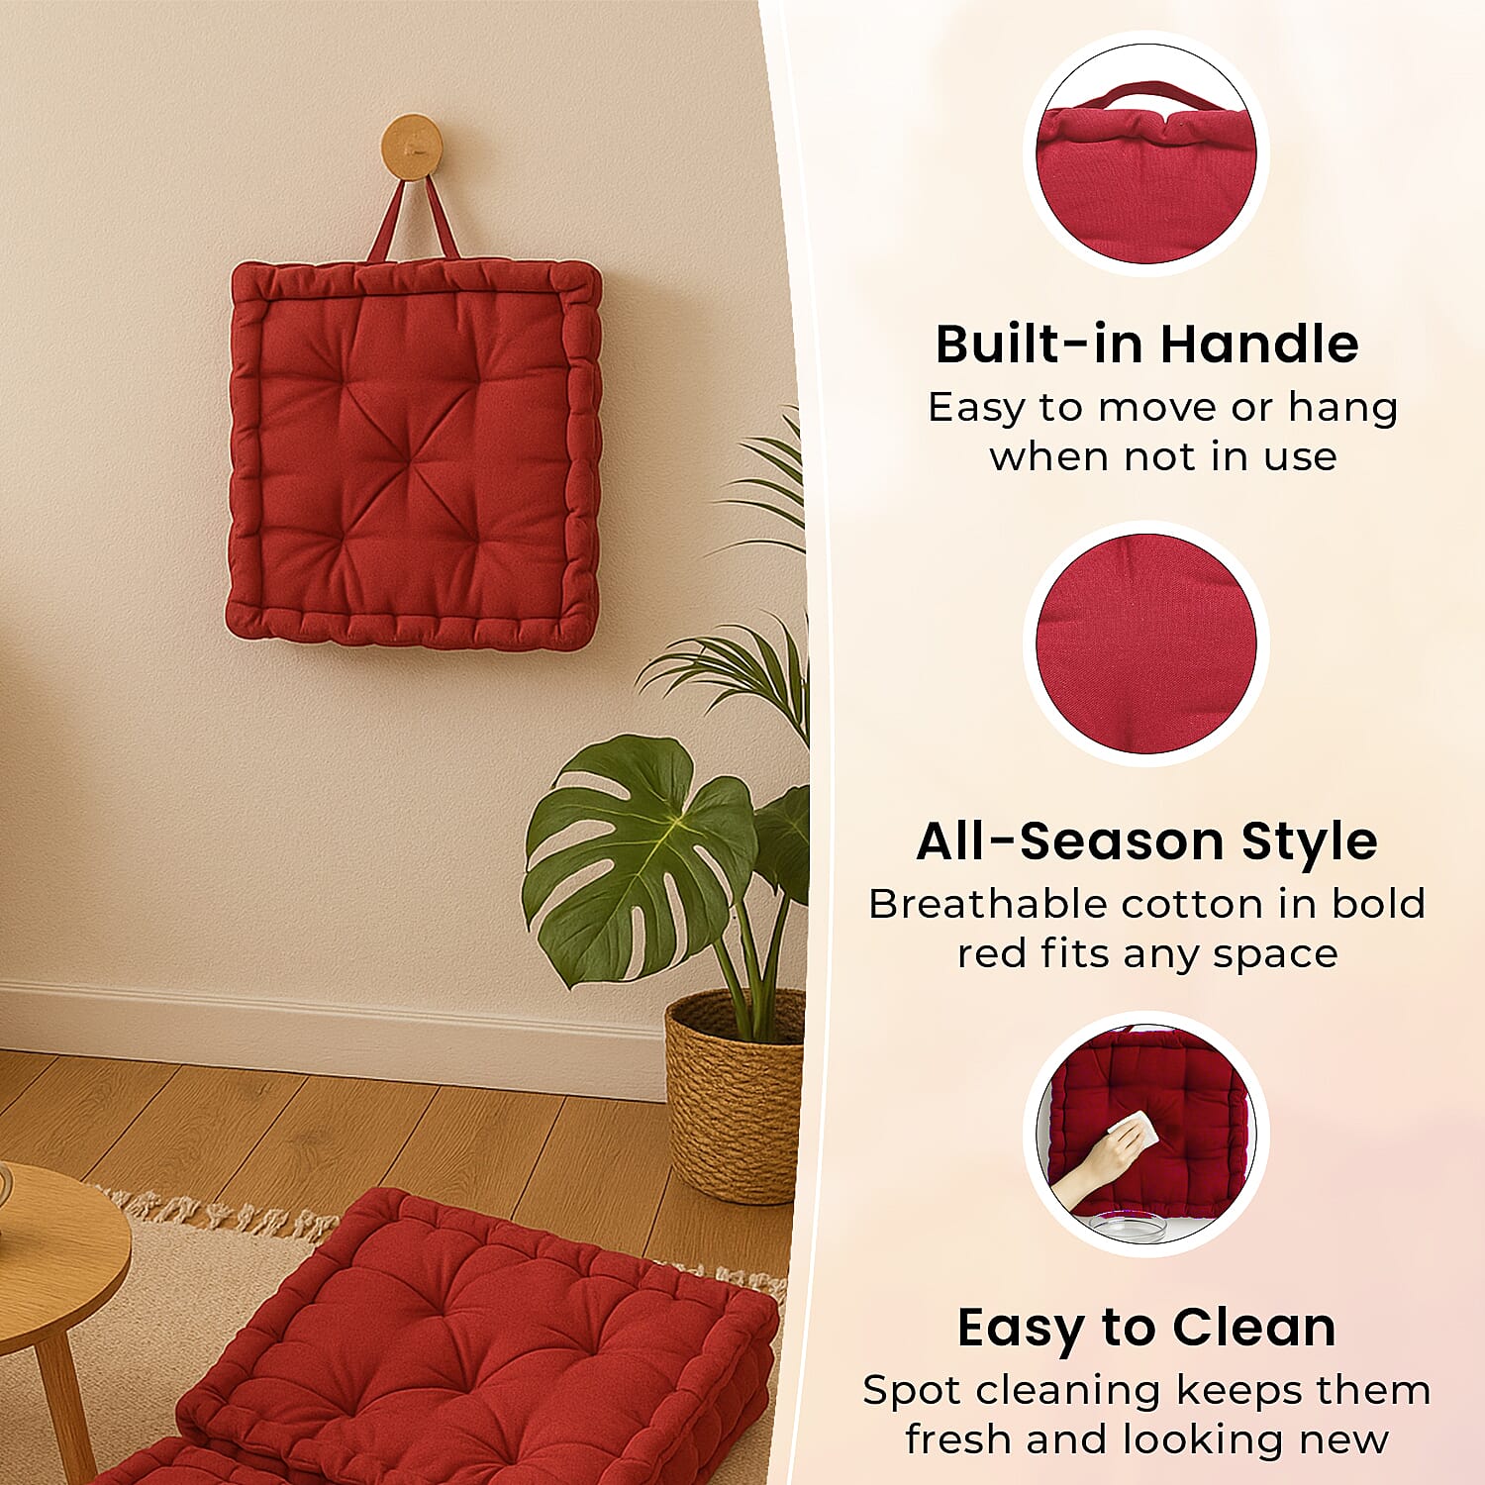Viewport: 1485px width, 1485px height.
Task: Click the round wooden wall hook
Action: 410,147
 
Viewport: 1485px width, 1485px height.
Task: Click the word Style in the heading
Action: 1310,841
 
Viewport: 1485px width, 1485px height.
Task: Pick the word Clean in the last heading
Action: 1254,1328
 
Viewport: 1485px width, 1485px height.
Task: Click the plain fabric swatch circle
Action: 1146,643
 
